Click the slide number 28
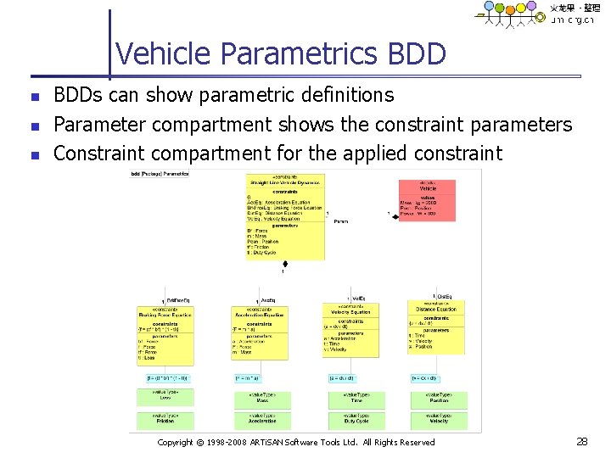point(581,442)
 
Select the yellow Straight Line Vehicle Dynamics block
point(284,216)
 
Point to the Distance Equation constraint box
point(436,326)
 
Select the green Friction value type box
point(165,419)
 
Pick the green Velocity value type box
point(438,419)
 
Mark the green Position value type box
point(438,397)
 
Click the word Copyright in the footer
point(176,443)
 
